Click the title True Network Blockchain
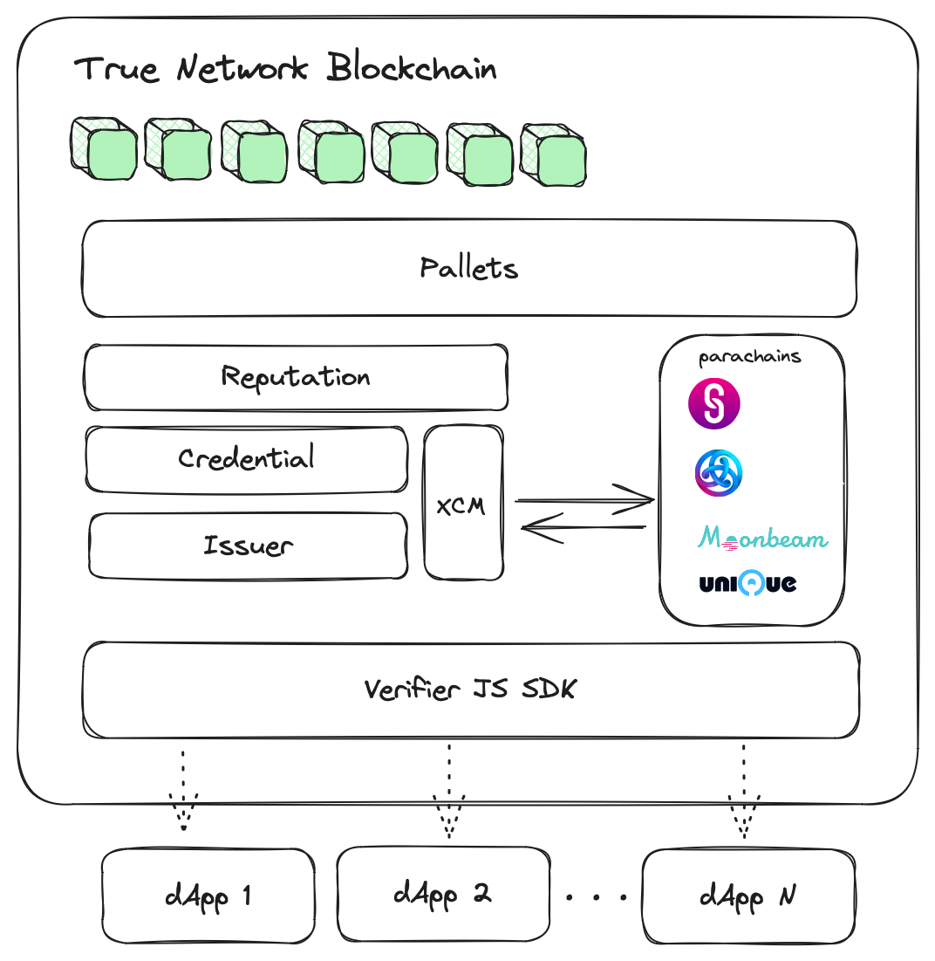286,69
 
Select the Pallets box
469,268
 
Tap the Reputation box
296,377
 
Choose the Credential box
247,459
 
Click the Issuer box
248,546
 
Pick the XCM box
463,503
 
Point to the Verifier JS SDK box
471,690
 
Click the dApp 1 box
208,896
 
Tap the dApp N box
747,896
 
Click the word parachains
750,358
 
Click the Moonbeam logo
762,538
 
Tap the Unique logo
747,583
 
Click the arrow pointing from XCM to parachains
584,500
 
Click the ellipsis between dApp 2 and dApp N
597,896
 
